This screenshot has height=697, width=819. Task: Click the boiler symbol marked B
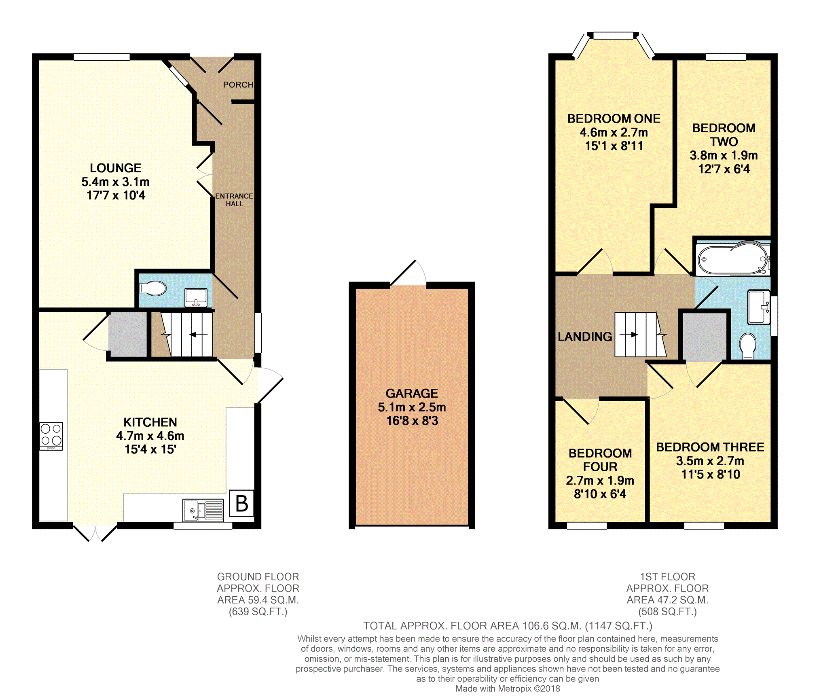(x=241, y=503)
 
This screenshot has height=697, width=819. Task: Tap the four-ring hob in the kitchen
(x=51, y=436)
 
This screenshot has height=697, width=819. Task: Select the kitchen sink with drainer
(x=203, y=510)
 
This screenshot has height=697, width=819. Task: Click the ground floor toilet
(x=152, y=288)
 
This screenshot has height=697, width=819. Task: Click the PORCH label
(x=238, y=85)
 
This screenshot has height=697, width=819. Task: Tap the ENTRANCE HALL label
(x=234, y=200)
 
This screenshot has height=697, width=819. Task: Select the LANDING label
(x=585, y=337)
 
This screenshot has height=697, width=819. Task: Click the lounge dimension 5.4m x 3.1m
(x=116, y=182)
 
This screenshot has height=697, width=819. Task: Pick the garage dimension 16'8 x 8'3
(x=412, y=421)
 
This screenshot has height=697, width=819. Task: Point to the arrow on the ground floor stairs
(x=198, y=335)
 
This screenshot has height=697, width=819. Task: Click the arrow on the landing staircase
(x=629, y=335)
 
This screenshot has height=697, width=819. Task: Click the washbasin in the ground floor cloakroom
(x=196, y=297)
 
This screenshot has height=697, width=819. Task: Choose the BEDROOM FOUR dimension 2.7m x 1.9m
(x=600, y=481)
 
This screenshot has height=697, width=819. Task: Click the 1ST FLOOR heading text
(x=667, y=576)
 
